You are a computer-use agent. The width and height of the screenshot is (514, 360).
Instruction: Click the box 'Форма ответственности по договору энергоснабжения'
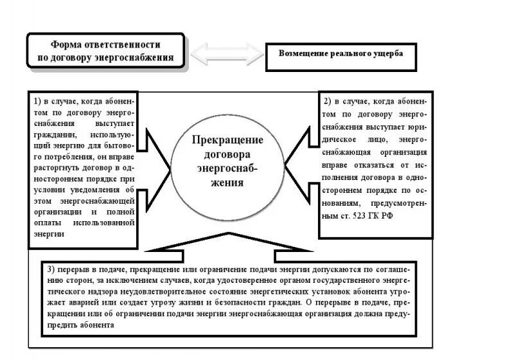[105, 51]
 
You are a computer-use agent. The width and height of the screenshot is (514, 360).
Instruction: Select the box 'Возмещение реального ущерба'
[341, 54]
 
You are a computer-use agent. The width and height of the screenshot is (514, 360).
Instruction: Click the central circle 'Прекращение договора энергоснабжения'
[228, 161]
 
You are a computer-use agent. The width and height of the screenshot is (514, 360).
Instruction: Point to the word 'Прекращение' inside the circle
[228, 139]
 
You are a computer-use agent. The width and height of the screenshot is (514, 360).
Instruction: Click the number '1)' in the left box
[38, 101]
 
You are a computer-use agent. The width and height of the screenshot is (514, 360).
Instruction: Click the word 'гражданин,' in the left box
[55, 136]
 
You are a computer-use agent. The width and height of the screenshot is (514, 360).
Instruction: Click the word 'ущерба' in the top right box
[391, 54]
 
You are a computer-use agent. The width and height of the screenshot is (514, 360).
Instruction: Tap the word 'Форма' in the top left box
[64, 44]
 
